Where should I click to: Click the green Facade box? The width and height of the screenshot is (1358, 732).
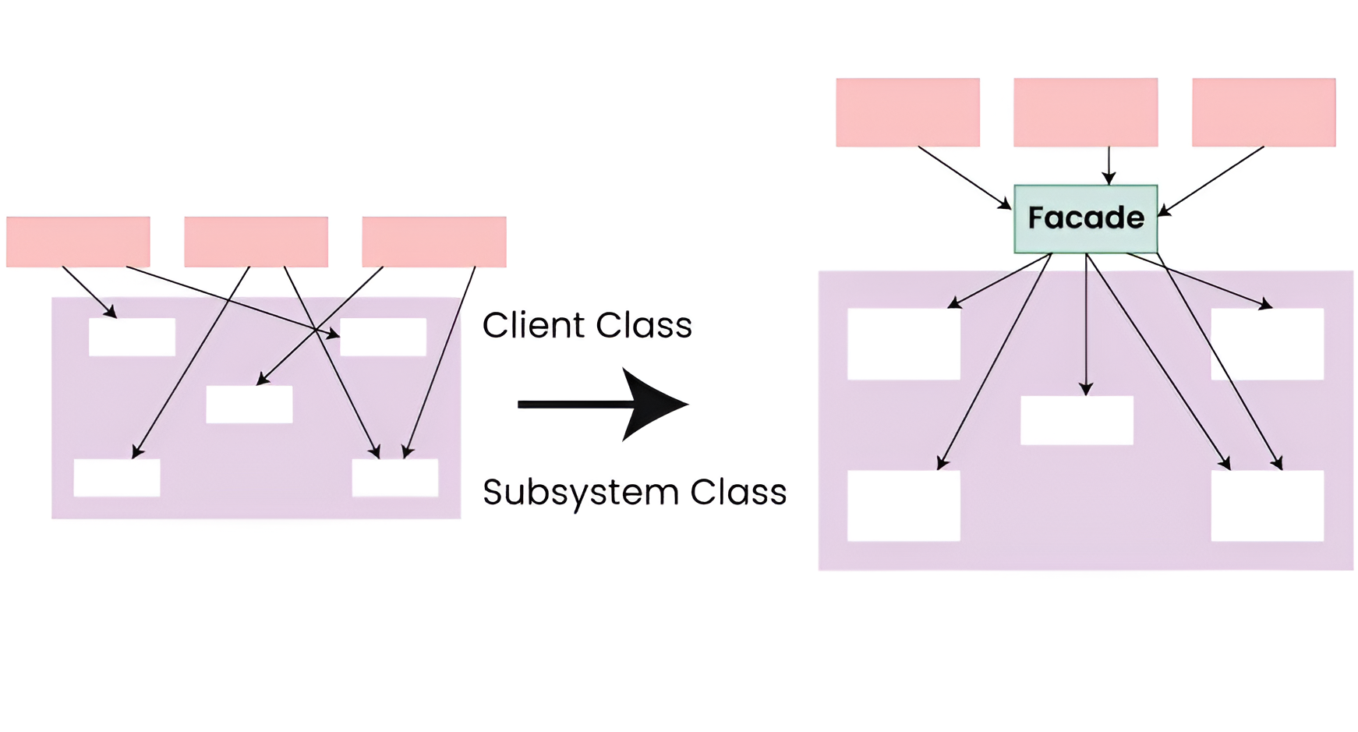(x=1085, y=219)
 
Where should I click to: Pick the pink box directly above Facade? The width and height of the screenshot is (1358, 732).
(x=1085, y=112)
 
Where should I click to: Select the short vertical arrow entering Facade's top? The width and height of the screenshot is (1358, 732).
(x=1109, y=165)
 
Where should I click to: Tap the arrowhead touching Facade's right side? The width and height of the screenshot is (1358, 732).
(x=1164, y=210)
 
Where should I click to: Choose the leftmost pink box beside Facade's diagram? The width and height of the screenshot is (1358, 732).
(x=907, y=112)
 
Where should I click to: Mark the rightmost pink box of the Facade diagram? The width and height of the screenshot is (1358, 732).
(x=1263, y=112)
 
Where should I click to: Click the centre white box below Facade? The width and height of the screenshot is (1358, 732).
(x=1077, y=420)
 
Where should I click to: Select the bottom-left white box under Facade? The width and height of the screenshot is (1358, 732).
(x=904, y=505)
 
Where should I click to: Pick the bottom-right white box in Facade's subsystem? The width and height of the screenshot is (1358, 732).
(x=1267, y=505)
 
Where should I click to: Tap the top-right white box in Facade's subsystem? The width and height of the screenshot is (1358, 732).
(x=1267, y=344)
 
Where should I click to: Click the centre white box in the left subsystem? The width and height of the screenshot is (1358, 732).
(x=249, y=405)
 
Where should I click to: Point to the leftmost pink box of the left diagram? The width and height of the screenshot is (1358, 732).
(x=78, y=242)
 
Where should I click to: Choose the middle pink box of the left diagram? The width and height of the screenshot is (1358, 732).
(x=256, y=242)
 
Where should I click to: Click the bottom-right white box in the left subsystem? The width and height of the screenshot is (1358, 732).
(x=394, y=478)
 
